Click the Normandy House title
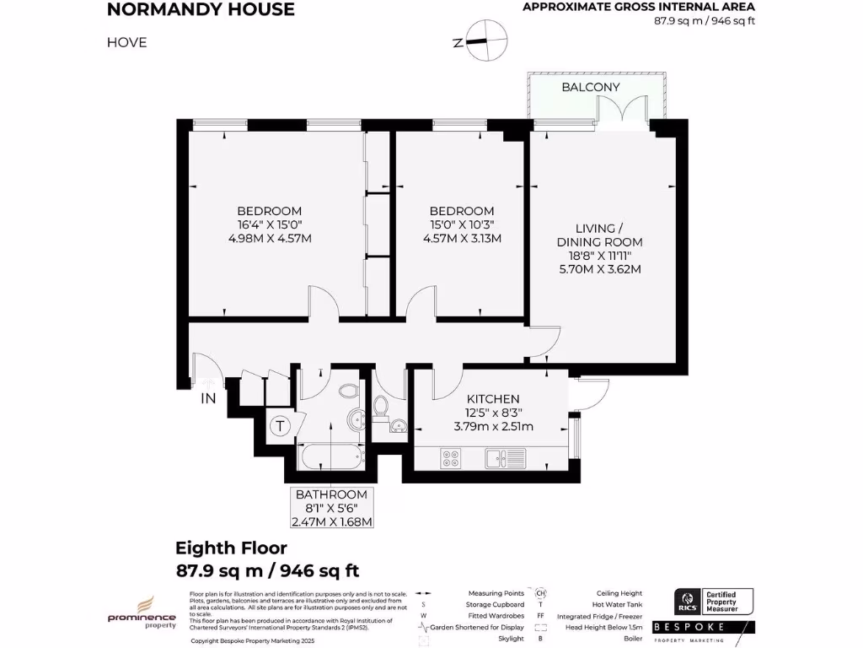tap(201, 10)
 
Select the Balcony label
tap(590, 87)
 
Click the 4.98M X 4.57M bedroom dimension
tap(270, 239)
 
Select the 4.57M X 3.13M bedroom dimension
tap(461, 239)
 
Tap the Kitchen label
tap(493, 399)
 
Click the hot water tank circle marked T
tap(279, 427)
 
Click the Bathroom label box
tap(330, 507)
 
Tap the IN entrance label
tap(208, 400)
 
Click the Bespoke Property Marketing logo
tap(713, 632)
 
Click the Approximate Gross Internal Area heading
tap(639, 8)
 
